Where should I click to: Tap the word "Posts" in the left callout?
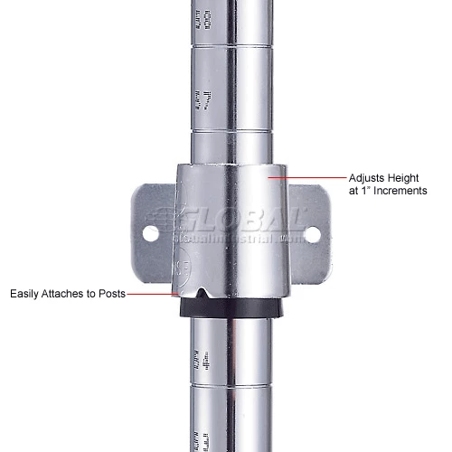111,294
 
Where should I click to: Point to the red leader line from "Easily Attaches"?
148,294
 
